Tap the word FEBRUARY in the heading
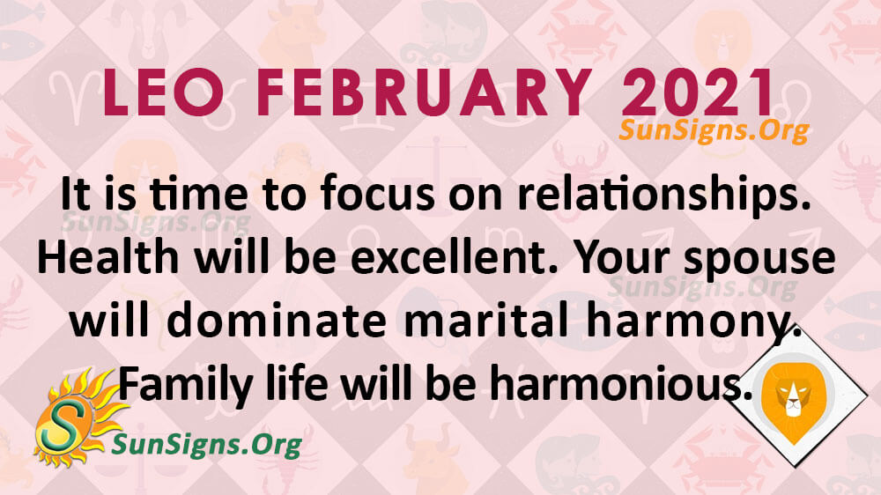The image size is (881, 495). point(423,92)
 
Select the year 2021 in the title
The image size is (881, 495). point(698,92)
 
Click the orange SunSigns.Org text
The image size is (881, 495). point(714,131)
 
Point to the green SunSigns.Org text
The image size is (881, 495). point(207,445)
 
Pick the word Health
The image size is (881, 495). point(107,257)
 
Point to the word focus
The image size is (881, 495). point(377,195)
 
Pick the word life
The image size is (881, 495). point(297,384)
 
